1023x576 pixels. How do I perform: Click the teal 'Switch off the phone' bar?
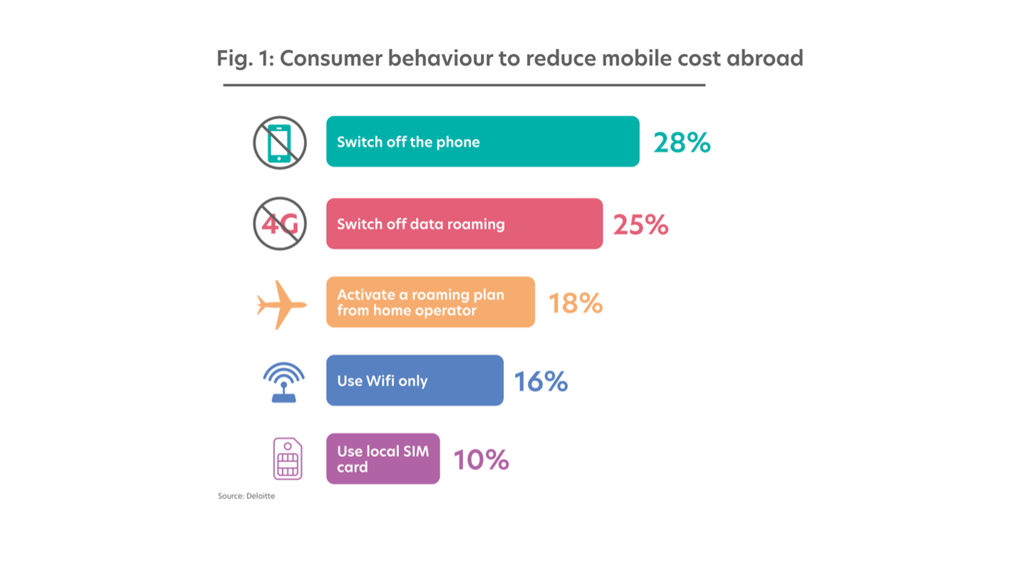pyautogui.click(x=483, y=142)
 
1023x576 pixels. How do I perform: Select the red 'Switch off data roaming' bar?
pyautogui.click(x=464, y=224)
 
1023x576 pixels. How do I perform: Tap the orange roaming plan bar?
pyautogui.click(x=430, y=302)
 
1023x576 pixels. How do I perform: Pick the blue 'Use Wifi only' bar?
pyautogui.click(x=415, y=380)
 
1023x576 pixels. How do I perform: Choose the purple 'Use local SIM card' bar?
pyautogui.click(x=383, y=459)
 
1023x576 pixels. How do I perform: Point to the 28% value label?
pyautogui.click(x=682, y=143)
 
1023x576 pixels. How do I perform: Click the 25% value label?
pyautogui.click(x=640, y=225)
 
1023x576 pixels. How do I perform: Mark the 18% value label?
pyautogui.click(x=576, y=303)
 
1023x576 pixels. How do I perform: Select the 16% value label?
pyautogui.click(x=541, y=382)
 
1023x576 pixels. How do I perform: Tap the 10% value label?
pyautogui.click(x=481, y=460)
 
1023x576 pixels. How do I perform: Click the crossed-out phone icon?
pyautogui.click(x=279, y=143)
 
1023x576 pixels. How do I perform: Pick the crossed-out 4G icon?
pyautogui.click(x=279, y=224)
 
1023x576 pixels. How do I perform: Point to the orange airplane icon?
pyautogui.click(x=281, y=305)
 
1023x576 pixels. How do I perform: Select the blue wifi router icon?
pyautogui.click(x=284, y=382)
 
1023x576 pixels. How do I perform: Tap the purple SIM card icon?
pyautogui.click(x=288, y=459)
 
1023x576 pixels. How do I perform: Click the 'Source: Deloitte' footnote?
pyautogui.click(x=246, y=496)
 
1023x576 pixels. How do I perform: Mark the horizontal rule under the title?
pyautogui.click(x=464, y=85)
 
